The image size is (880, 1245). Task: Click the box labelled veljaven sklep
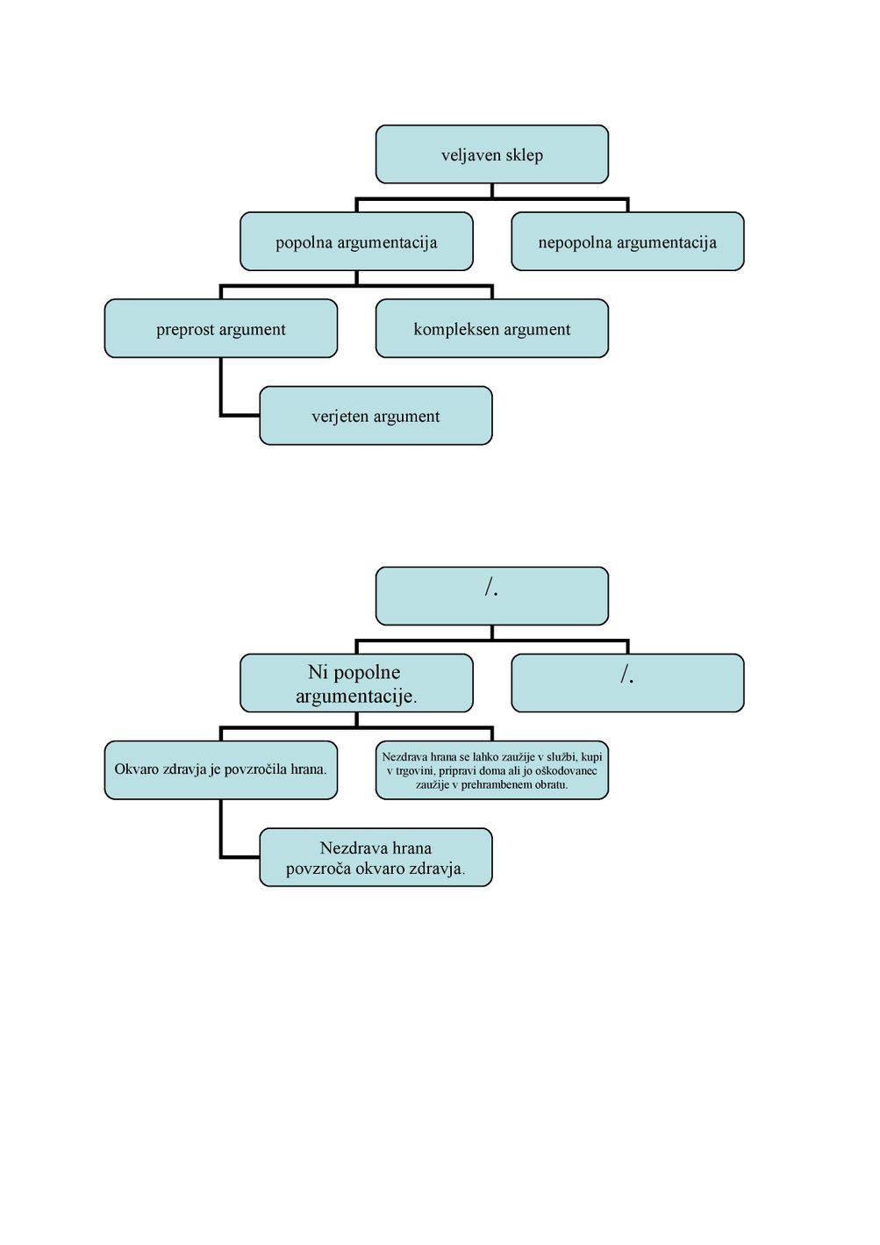point(492,154)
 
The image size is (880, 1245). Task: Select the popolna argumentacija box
point(356,241)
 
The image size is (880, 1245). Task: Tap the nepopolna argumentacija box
point(627,241)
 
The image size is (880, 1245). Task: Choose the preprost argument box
point(221,328)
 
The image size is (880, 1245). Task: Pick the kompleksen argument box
point(492,328)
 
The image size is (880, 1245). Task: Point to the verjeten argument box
point(376,416)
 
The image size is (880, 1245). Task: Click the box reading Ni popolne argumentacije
point(356,683)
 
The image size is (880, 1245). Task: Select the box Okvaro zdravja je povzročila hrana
point(221,770)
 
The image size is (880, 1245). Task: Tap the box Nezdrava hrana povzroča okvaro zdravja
point(376,857)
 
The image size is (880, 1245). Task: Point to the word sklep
point(524,155)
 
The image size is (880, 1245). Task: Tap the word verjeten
point(337,416)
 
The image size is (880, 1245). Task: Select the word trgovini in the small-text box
point(415,771)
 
